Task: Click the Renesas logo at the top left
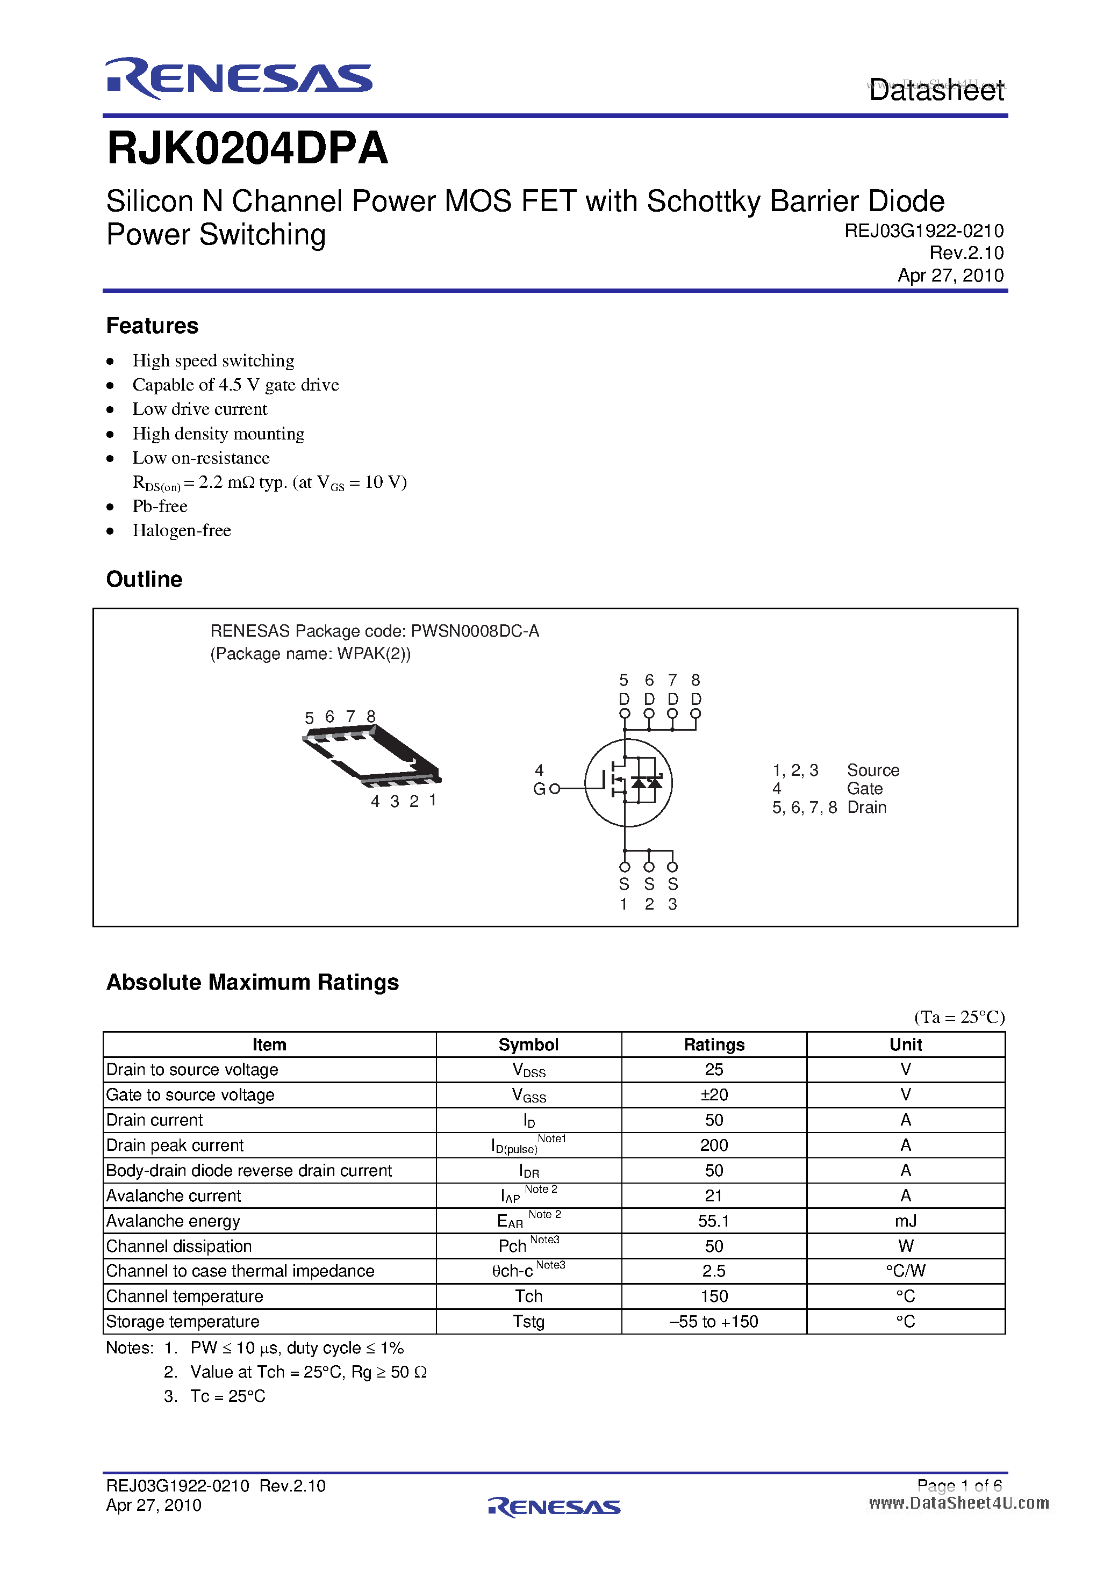[238, 78]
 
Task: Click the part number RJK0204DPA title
[247, 148]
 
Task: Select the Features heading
[152, 326]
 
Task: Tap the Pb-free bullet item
[160, 506]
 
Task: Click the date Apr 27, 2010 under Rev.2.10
[950, 275]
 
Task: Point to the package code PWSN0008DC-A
[475, 631]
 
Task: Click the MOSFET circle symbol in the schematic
[628, 783]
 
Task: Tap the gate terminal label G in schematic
[539, 789]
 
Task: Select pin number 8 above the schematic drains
[696, 680]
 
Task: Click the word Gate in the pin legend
[865, 789]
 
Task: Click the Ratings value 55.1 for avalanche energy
[713, 1221]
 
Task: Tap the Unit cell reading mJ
[905, 1221]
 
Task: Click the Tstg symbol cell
[528, 1321]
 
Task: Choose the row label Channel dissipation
[180, 1246]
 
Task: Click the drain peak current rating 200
[713, 1145]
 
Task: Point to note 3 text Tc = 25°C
[227, 1396]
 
